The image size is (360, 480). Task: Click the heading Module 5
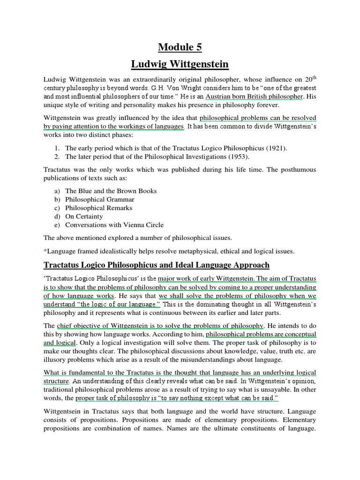tap(180, 47)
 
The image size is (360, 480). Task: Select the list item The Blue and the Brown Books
tap(111, 191)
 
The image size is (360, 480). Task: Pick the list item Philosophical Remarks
tap(98, 208)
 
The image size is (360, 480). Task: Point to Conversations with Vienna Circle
tap(114, 225)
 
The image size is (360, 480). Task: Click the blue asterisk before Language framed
tap(45, 251)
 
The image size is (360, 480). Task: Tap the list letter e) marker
tap(57, 225)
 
